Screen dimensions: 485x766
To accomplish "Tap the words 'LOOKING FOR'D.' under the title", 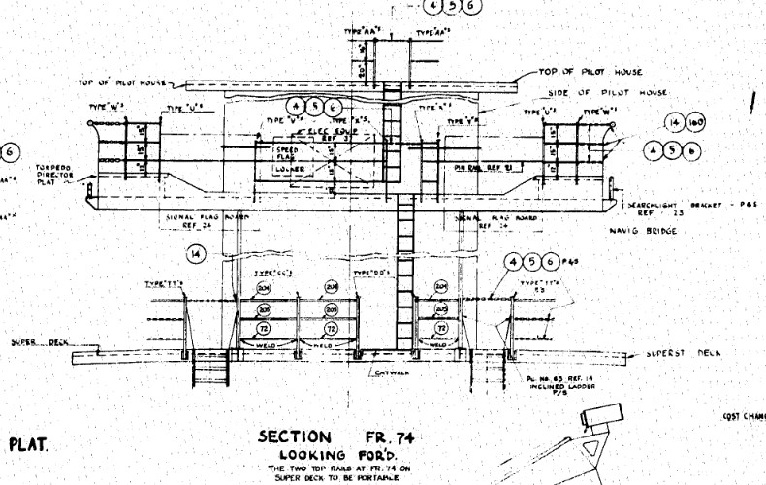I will click(x=334, y=454).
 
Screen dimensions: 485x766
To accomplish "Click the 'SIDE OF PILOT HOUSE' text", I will click(x=608, y=92).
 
